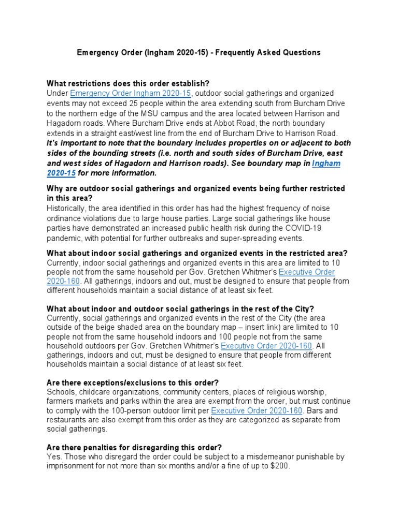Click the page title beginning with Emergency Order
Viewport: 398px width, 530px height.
pos(198,52)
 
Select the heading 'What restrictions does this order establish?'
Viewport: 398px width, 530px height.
pos(128,83)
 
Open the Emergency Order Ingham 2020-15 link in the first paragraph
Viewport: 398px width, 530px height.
pos(131,93)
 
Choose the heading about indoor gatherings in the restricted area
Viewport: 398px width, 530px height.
pos(197,253)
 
